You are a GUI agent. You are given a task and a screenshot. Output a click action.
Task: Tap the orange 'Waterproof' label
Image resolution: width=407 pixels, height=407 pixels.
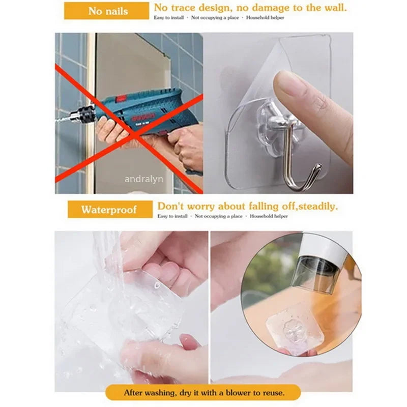click(x=109, y=209)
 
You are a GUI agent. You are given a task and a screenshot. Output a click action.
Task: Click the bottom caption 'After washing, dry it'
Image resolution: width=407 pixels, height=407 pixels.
click(x=173, y=393)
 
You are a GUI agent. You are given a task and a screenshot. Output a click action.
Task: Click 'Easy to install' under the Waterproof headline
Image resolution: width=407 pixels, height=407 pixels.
click(x=172, y=216)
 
